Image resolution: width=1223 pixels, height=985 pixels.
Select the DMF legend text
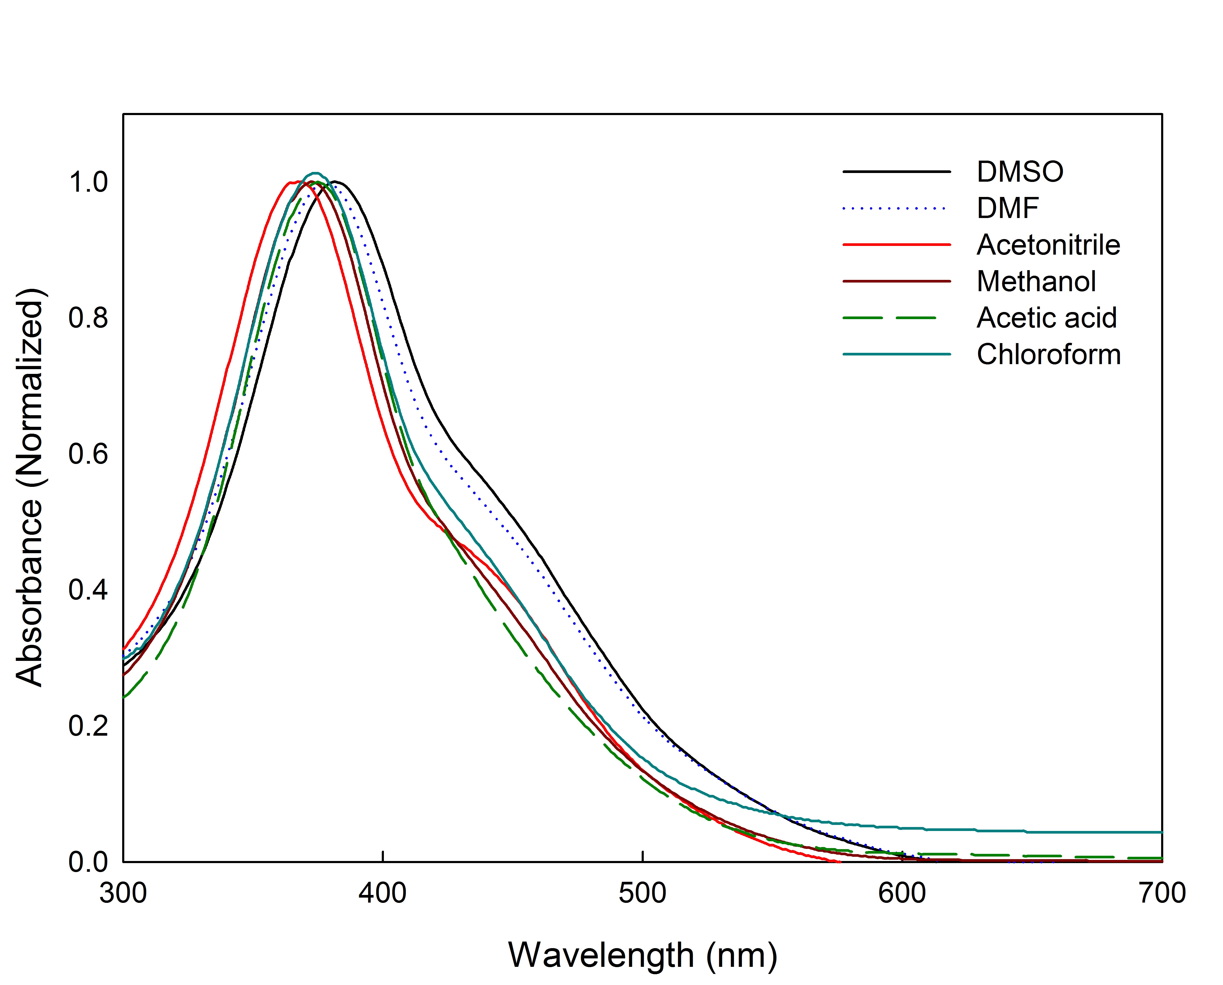coord(1007,208)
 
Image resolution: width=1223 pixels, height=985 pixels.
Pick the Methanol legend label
coord(1036,281)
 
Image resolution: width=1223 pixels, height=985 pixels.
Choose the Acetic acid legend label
coord(1047,318)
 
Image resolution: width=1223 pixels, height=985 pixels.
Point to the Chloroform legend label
coord(1048,355)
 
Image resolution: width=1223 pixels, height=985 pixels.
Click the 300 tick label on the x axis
coord(123,893)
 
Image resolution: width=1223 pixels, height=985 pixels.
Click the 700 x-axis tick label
coord(1162,893)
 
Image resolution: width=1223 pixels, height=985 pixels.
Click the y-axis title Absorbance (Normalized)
coord(29,488)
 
